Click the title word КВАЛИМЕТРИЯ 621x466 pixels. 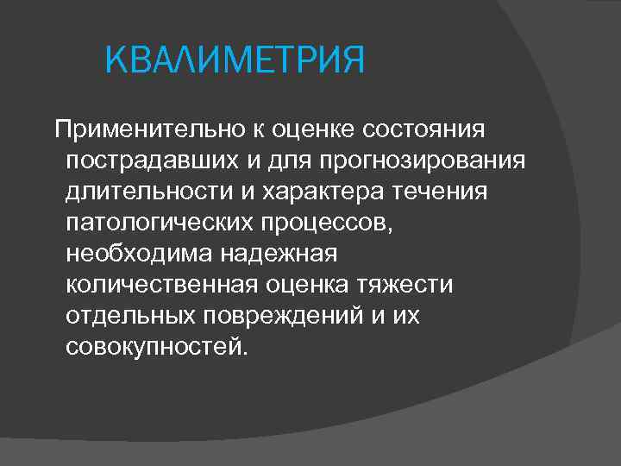pyautogui.click(x=235, y=62)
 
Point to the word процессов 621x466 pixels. pyautogui.click(x=323, y=222)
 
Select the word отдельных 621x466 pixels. pyautogui.click(x=131, y=315)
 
